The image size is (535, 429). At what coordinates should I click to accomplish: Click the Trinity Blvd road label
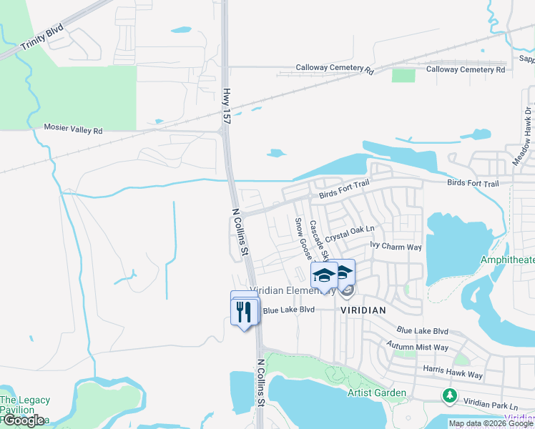[42, 38]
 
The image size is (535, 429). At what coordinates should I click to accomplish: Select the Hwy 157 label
[226, 107]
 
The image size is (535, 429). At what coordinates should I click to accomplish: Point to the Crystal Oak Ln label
[350, 234]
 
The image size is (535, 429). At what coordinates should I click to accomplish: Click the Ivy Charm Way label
[396, 247]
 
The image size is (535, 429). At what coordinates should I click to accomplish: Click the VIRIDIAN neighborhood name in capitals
[363, 310]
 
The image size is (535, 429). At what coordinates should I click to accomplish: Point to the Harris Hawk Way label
[453, 375]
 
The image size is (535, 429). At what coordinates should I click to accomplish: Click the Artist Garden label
[377, 393]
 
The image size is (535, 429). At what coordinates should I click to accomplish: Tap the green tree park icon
[449, 395]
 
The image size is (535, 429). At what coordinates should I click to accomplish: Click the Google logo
[23, 420]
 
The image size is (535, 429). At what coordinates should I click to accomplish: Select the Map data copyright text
[491, 423]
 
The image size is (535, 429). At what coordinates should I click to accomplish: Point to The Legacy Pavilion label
[25, 405]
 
